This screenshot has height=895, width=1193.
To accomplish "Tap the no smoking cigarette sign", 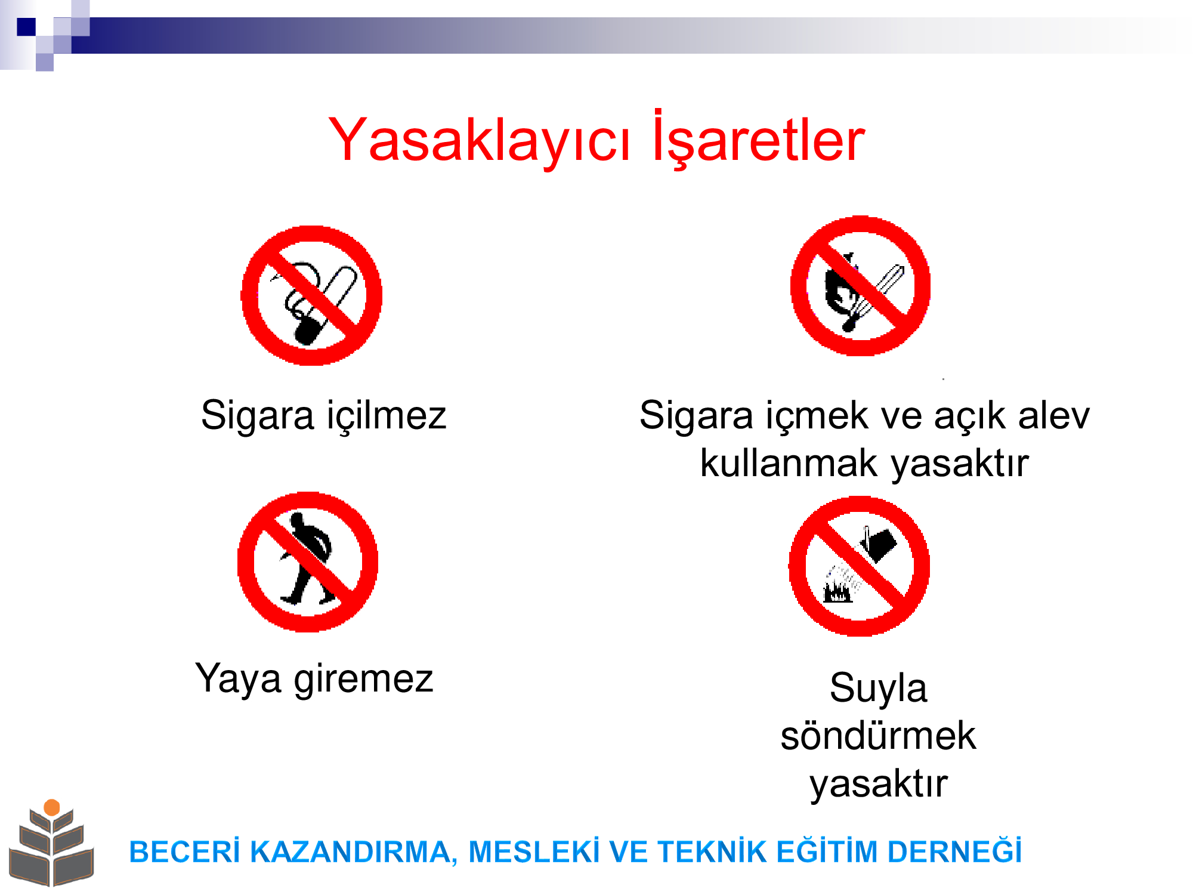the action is pos(311,295).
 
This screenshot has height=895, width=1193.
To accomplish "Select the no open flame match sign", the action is pos(860,286).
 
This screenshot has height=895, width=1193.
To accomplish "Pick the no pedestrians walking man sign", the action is pos(308,562).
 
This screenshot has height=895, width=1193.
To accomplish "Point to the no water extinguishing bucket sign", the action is pos(859,566).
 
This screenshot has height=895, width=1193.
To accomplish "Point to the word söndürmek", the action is pos(878,735).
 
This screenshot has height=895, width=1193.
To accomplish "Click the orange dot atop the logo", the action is pos(52,807).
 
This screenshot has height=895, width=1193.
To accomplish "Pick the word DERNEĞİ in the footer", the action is pos(954,851).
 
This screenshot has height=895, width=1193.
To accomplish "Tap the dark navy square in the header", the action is pos(26,27).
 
